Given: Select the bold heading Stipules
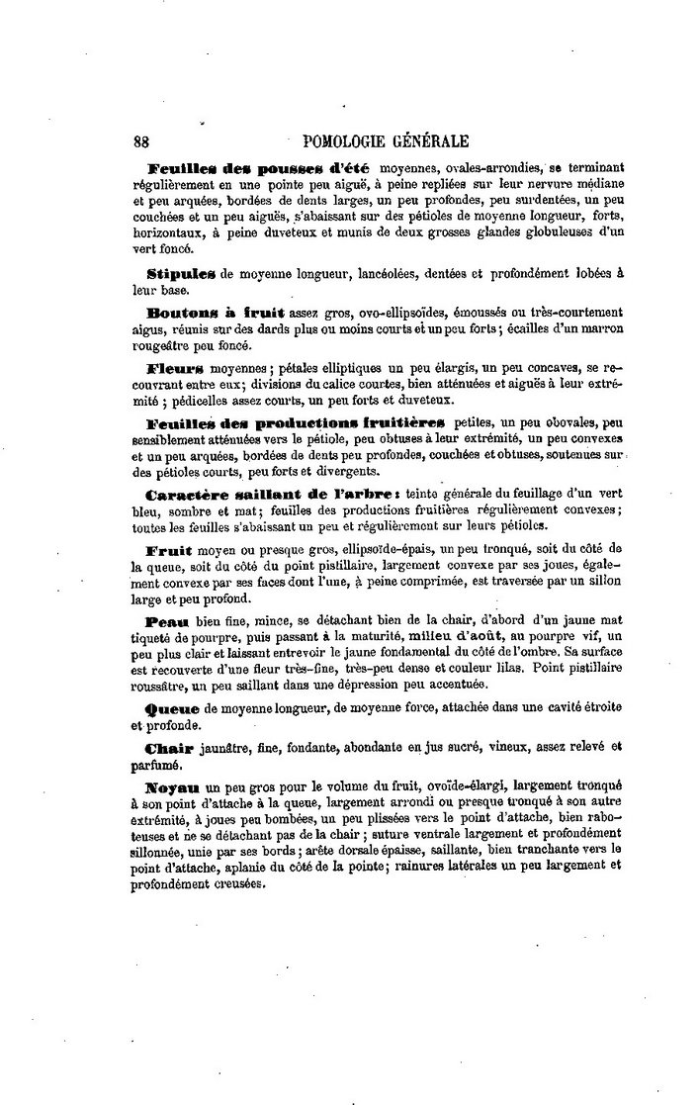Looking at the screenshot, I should point(180,271).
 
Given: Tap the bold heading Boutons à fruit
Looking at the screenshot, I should point(203,310).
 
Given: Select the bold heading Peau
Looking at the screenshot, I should point(165,620).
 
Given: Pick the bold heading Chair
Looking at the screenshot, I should point(170,747).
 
